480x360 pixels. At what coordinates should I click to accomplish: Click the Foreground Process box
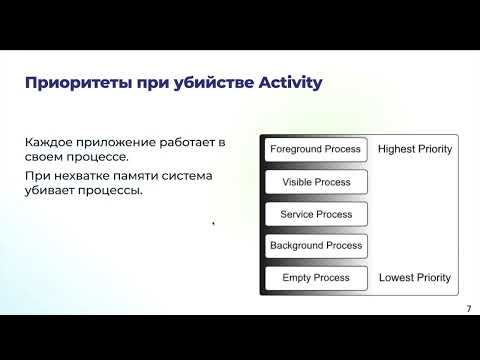coord(316,149)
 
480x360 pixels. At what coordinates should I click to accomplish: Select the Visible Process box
coord(316,181)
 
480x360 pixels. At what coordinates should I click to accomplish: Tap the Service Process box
coord(316,213)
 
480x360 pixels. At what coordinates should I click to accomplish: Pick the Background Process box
coord(316,245)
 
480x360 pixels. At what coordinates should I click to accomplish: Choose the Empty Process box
coord(316,277)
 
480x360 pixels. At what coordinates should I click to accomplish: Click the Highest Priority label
coord(415,149)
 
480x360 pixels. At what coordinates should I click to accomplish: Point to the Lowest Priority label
coord(414,277)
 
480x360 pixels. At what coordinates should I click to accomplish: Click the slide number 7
coord(468,309)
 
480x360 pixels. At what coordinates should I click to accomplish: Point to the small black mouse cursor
coord(214,224)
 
